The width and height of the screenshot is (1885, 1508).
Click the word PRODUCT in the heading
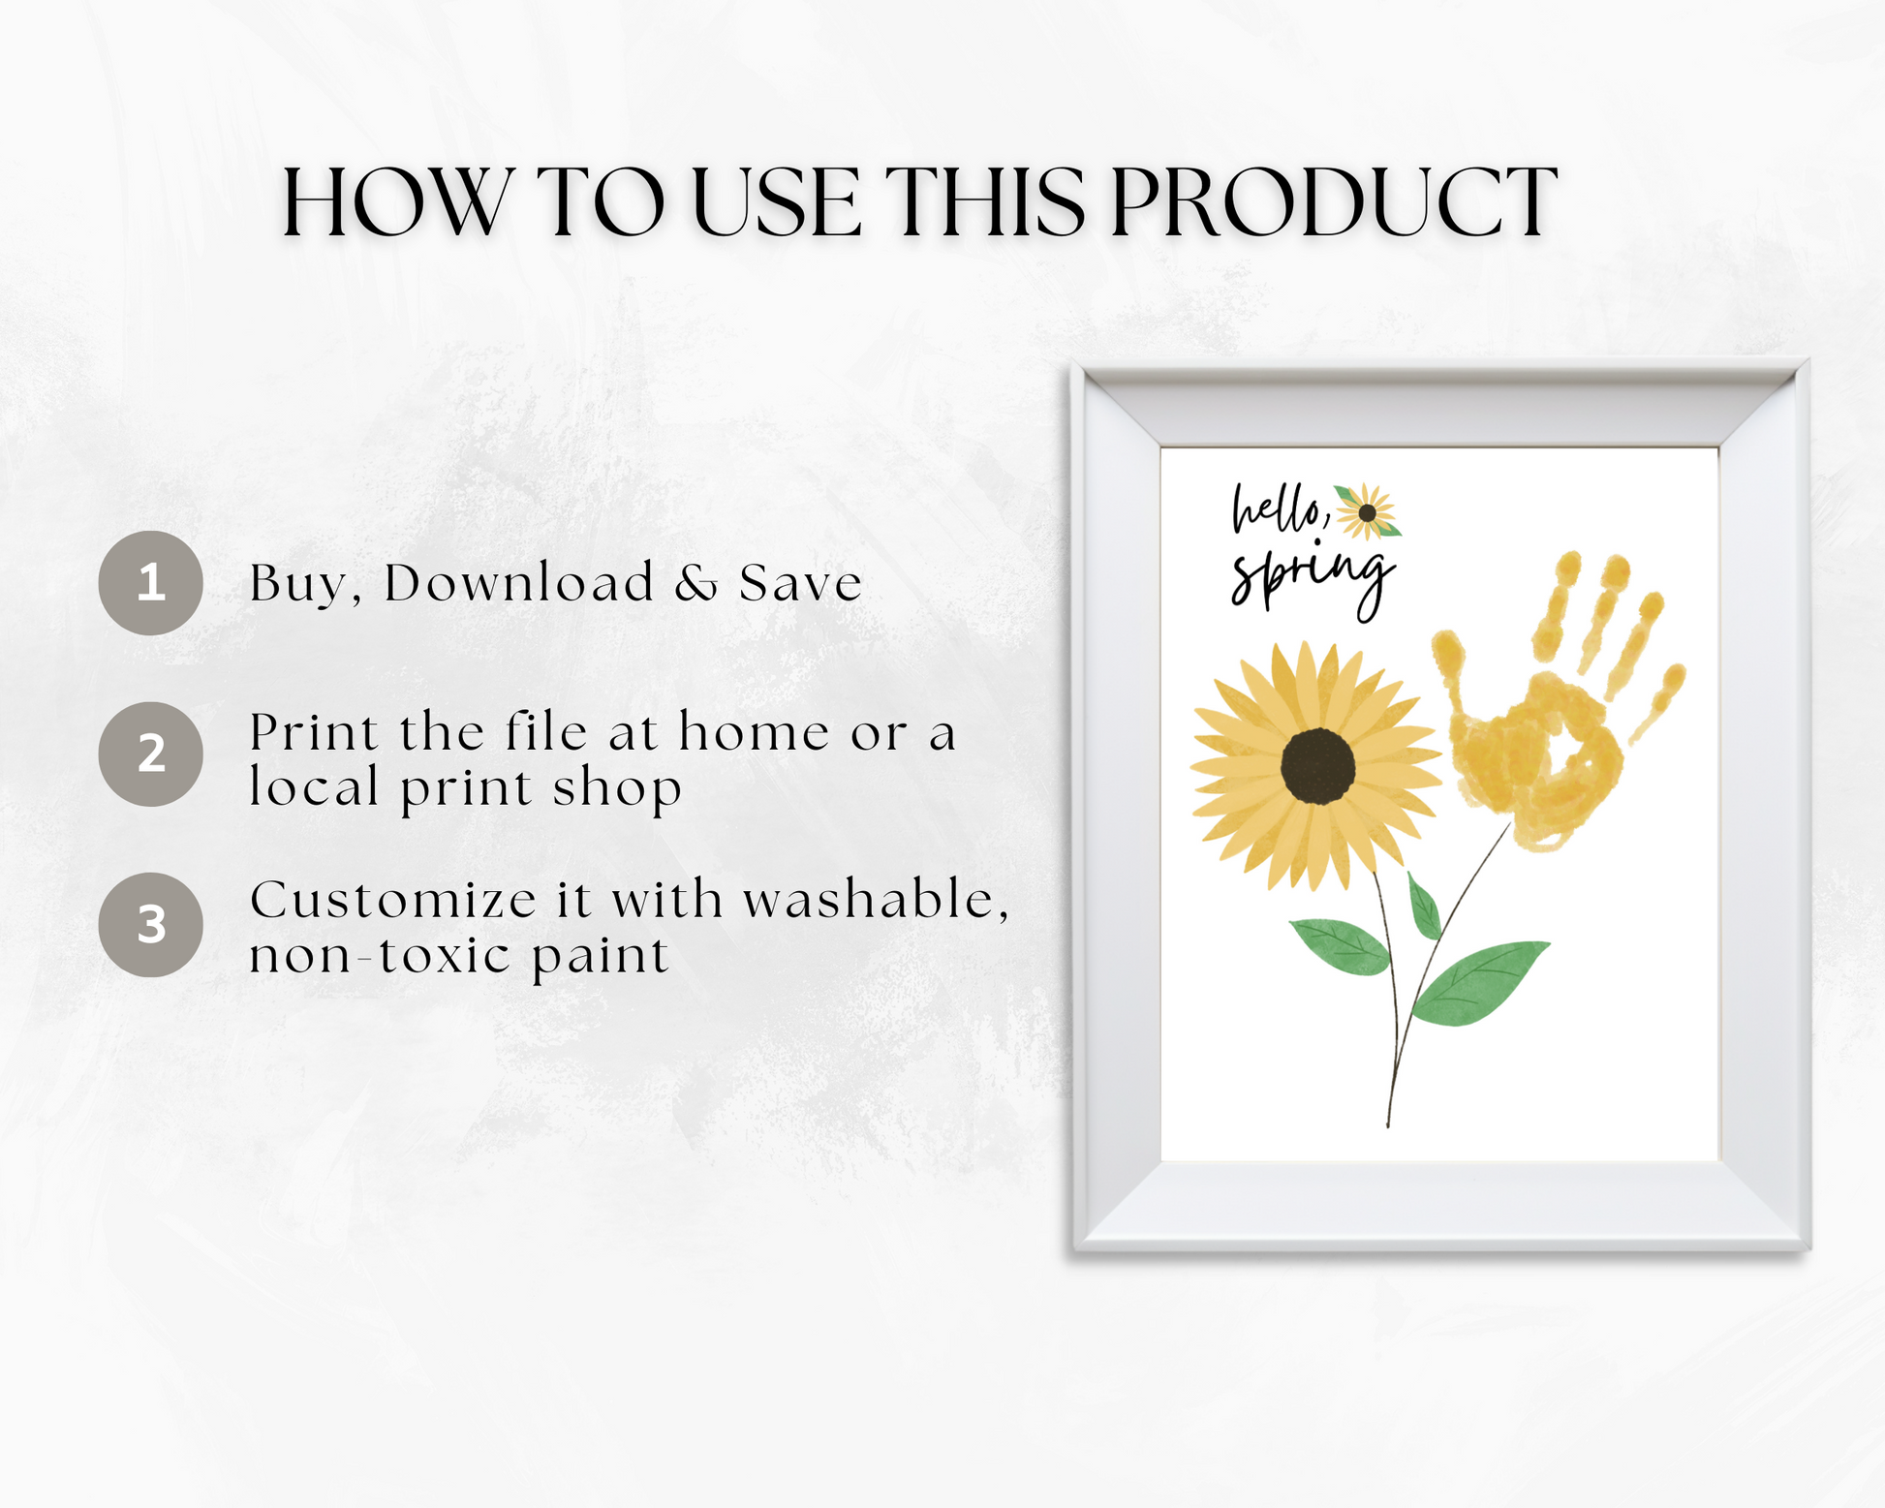pyautogui.click(x=1333, y=202)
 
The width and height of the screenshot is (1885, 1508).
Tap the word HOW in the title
pyautogui.click(x=395, y=202)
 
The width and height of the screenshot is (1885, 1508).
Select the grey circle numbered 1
pyautogui.click(x=150, y=583)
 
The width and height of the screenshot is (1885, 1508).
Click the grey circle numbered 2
pyautogui.click(x=150, y=754)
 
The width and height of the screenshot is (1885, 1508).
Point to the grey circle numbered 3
pyautogui.click(x=150, y=925)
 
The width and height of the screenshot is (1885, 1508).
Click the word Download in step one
pyautogui.click(x=519, y=583)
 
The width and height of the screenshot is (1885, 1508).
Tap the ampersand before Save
pyautogui.click(x=696, y=584)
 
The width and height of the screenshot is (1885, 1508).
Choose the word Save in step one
pyautogui.click(x=800, y=584)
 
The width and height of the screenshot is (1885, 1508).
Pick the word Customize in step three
pyautogui.click(x=392, y=900)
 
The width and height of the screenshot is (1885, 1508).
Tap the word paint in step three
pyautogui.click(x=600, y=958)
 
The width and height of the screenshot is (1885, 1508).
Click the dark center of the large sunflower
pyautogui.click(x=1317, y=765)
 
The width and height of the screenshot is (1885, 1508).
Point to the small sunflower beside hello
pyautogui.click(x=1367, y=511)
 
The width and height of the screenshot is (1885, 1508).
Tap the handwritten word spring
pyautogui.click(x=1313, y=581)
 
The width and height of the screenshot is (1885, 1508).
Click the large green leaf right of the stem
pyautogui.click(x=1480, y=982)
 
